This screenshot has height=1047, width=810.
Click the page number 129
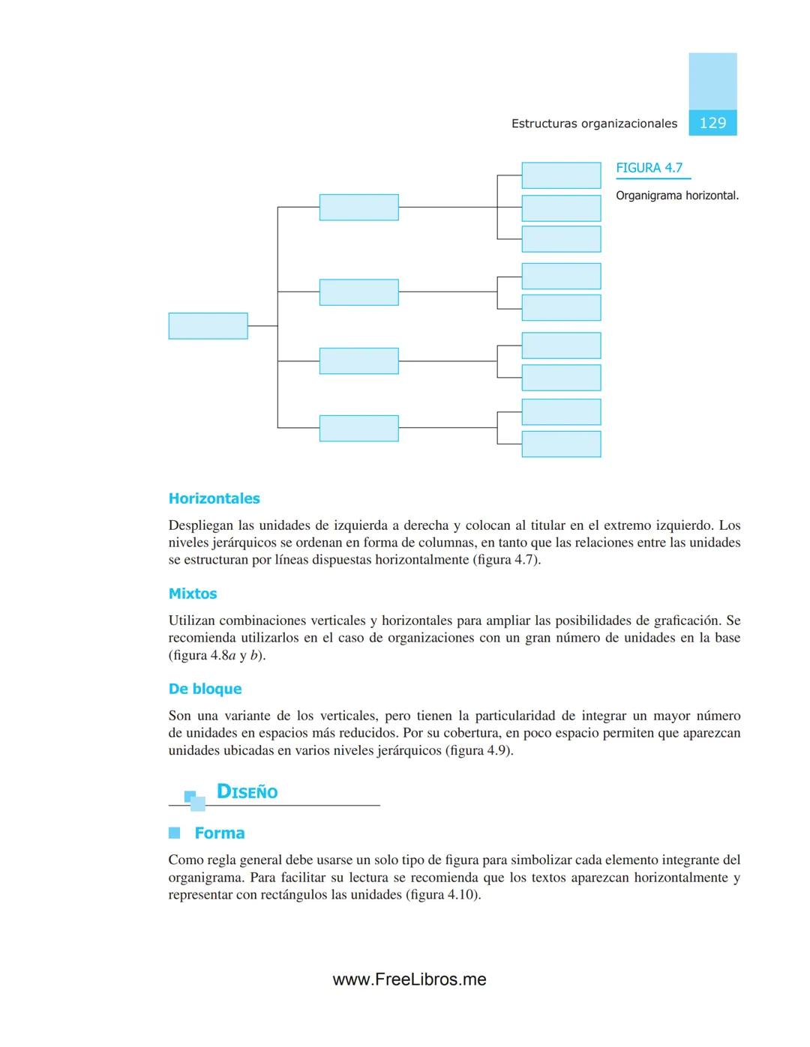(712, 123)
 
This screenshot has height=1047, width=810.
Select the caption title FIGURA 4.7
(649, 168)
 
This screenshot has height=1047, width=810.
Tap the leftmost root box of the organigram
(208, 326)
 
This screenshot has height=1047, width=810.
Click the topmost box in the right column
(561, 175)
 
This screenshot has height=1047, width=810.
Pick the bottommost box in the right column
(561, 444)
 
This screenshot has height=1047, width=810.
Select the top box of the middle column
(358, 207)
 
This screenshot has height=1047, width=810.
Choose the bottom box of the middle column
(358, 428)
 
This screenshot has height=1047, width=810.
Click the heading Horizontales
(214, 498)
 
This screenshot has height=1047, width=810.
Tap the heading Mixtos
(193, 594)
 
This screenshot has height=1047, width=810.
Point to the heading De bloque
(205, 689)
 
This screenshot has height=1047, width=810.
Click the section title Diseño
(247, 792)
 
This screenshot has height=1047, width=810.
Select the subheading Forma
(219, 833)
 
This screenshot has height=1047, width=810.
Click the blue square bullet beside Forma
(175, 833)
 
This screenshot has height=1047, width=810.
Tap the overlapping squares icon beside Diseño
(195, 800)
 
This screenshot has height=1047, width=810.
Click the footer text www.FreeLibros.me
(409, 980)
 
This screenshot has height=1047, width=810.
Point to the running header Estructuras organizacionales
(594, 124)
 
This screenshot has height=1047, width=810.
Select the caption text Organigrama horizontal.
(676, 196)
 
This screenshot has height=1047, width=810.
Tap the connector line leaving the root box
(262, 326)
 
